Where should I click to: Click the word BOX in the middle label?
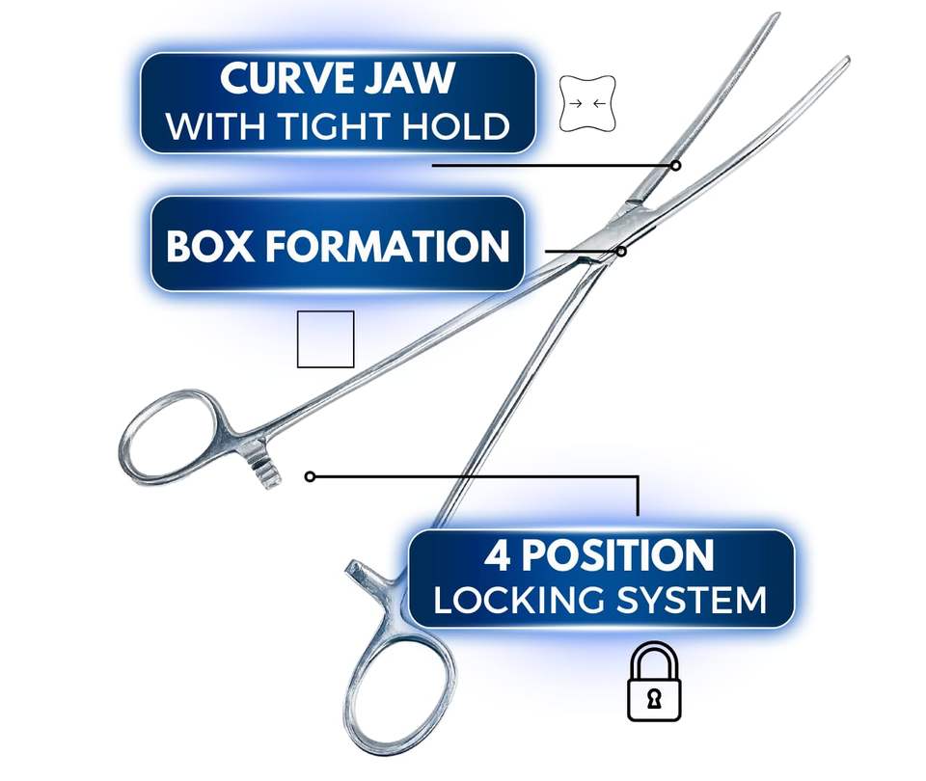210,246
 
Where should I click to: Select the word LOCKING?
518,600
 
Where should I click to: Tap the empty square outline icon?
325,338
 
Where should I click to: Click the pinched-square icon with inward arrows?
587,103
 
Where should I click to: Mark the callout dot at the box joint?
621,251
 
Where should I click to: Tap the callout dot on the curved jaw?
676,165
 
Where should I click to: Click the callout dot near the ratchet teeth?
310,476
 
